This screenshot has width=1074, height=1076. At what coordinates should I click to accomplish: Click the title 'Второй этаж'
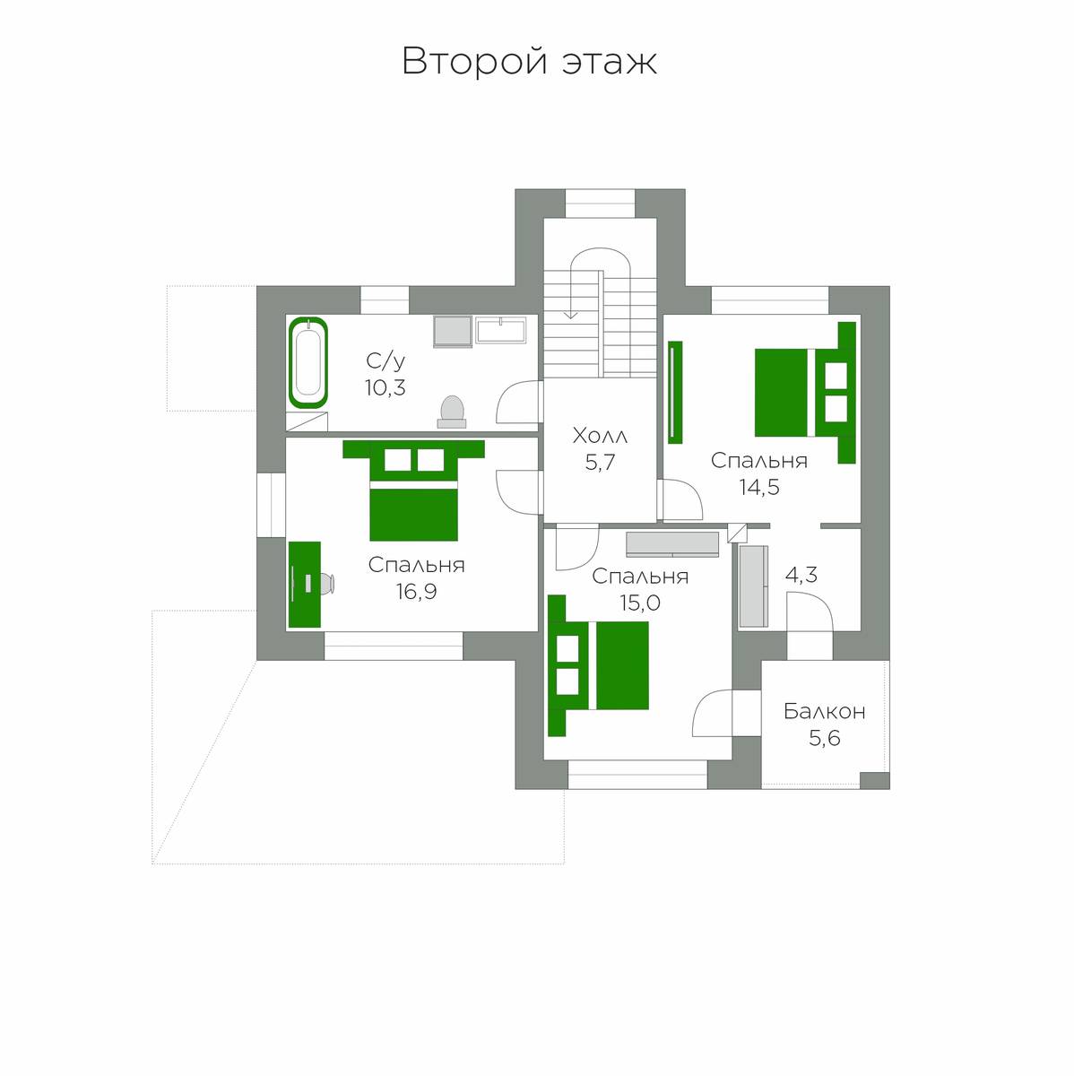529,61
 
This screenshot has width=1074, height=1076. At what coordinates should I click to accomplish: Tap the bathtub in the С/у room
307,362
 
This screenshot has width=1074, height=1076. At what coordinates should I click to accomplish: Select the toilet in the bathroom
452,412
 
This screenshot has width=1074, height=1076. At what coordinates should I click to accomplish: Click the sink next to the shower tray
500,331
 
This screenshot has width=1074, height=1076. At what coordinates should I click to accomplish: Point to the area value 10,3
385,387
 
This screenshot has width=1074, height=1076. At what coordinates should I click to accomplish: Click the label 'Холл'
600,436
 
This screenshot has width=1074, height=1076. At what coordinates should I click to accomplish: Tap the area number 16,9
417,592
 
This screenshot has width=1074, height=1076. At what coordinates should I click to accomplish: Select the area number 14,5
759,488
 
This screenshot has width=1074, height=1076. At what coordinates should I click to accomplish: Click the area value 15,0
640,603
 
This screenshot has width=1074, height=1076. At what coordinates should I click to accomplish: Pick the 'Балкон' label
825,711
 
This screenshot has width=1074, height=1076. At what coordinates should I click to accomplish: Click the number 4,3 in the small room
801,575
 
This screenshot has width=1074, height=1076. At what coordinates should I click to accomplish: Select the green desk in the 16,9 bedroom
305,584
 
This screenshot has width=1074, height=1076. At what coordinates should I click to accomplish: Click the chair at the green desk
326,584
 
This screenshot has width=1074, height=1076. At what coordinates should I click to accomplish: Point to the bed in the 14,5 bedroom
805,393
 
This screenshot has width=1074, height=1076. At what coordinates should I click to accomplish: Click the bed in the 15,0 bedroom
598,665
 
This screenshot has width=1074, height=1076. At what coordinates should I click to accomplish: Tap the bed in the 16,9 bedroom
413,490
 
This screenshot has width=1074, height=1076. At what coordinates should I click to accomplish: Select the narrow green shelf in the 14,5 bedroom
675,392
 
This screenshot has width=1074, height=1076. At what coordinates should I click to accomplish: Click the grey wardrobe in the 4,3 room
753,586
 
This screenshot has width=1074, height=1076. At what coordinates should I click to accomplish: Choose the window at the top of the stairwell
601,204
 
